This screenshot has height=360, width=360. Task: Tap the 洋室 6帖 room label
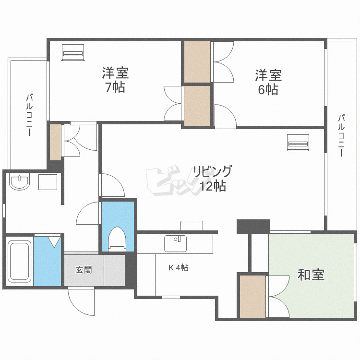point(268,82)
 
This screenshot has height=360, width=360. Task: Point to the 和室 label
point(311,275)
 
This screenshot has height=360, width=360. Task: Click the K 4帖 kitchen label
point(178,268)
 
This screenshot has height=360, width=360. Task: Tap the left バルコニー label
point(29,115)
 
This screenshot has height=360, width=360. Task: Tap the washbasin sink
point(19,182)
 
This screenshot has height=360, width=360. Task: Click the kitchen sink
point(175,242)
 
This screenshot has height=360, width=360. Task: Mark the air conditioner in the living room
point(298,143)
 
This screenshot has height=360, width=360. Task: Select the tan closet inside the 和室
point(252,296)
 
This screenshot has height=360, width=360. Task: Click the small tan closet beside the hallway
point(56,142)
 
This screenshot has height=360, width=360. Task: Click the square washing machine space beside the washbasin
point(48,183)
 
